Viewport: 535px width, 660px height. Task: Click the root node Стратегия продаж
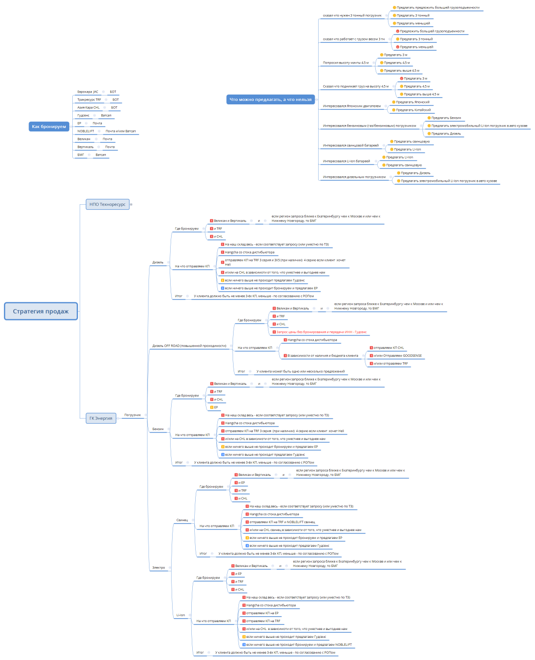[41, 311]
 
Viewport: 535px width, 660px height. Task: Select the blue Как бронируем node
[49, 126]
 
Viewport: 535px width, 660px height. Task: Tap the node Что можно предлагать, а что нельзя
[270, 99]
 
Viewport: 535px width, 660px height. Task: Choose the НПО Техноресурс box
[107, 204]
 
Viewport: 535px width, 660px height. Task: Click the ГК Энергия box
[101, 418]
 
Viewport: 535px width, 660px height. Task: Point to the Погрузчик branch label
[132, 415]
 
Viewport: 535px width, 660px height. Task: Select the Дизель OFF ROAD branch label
[189, 346]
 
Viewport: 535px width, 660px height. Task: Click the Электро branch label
[158, 567]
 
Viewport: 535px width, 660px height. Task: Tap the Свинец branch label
[182, 520]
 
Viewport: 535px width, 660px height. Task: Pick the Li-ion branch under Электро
[181, 615]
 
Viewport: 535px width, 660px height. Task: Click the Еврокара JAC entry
[88, 92]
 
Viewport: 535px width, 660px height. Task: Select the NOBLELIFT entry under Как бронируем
[86, 131]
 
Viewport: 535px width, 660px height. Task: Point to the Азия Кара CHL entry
[88, 108]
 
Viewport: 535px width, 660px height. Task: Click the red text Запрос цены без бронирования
[321, 332]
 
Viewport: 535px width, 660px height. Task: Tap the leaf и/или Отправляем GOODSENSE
[397, 356]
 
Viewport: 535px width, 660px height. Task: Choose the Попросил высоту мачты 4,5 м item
[345, 63]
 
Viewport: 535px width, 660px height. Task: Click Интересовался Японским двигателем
[352, 106]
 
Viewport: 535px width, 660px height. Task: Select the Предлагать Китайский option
[413, 110]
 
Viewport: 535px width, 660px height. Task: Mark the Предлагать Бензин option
[446, 118]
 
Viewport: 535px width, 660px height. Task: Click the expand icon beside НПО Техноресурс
[131, 204]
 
